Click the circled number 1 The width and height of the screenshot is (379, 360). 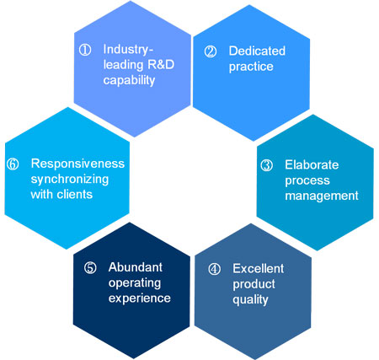click(85, 50)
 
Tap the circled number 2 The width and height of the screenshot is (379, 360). click(211, 51)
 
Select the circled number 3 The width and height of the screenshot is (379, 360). click(266, 165)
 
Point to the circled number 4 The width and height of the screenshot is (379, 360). click(214, 269)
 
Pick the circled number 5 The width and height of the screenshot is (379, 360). click(90, 267)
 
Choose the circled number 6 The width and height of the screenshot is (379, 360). click(13, 164)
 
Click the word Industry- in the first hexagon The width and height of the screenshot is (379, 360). click(128, 50)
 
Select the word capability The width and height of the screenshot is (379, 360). click(129, 80)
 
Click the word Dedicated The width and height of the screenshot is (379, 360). click(257, 51)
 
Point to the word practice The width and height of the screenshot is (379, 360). click(251, 67)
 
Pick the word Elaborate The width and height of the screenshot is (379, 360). click(312, 164)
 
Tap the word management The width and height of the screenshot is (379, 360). click(322, 196)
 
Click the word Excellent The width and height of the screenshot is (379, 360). click(259, 268)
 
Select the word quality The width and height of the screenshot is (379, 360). click(250, 300)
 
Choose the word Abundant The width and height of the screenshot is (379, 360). click(136, 267)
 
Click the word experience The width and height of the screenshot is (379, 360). click(140, 298)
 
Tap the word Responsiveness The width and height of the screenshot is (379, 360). click(77, 164)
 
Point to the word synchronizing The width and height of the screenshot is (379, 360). click(70, 180)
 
